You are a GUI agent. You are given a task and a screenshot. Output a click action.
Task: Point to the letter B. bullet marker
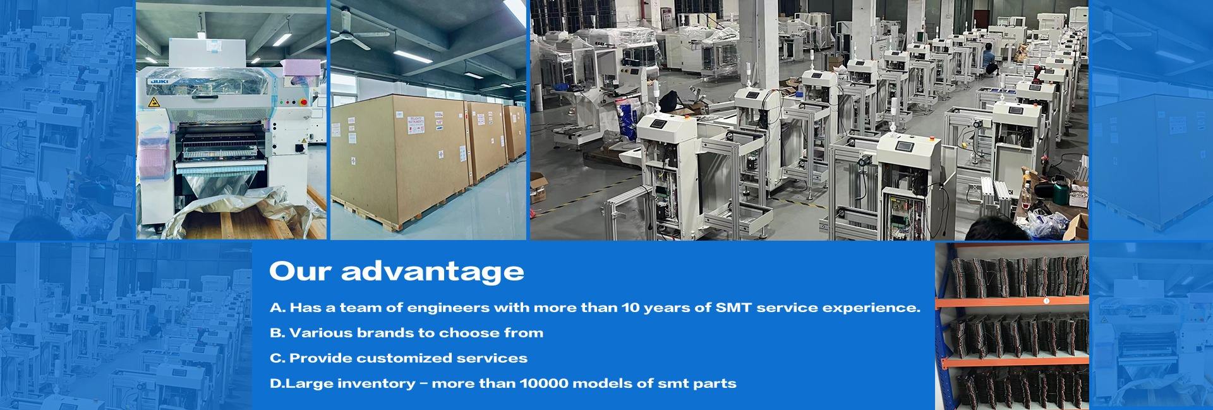(x=277, y=333)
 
